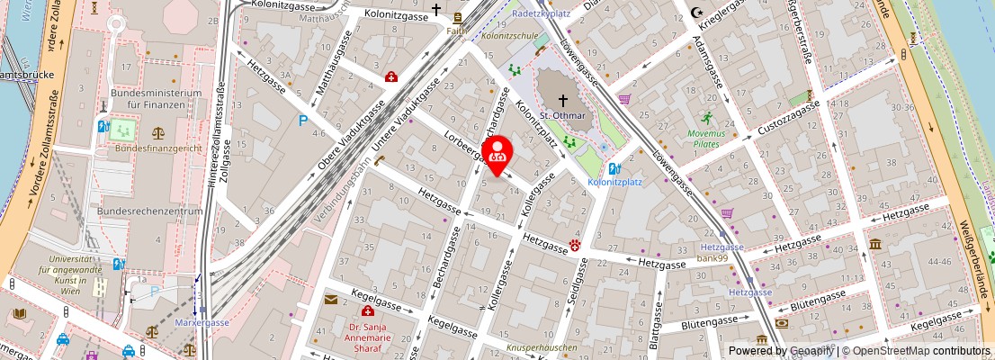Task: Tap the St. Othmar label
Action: point(563,115)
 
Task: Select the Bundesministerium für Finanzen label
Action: point(155,99)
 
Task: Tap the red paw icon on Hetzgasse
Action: point(573,244)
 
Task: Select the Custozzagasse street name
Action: point(787,120)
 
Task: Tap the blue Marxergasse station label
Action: point(203,323)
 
